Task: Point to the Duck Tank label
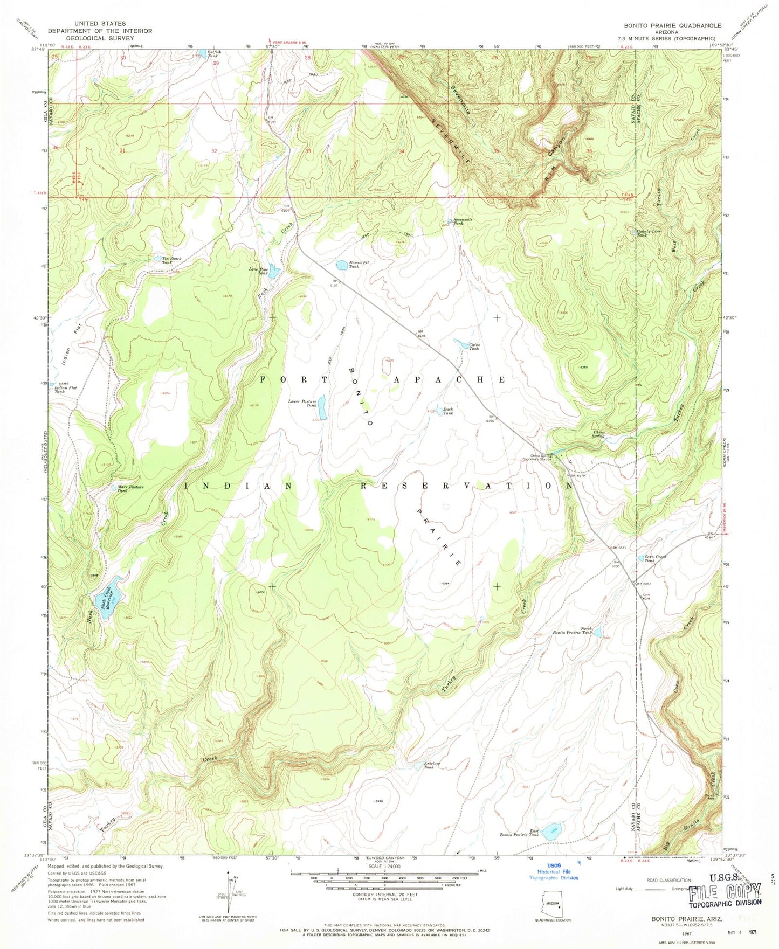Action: click(447, 411)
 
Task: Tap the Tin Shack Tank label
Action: click(171, 260)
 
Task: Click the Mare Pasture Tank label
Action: click(130, 489)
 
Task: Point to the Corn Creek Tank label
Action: click(650, 559)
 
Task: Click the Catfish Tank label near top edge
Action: click(213, 53)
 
